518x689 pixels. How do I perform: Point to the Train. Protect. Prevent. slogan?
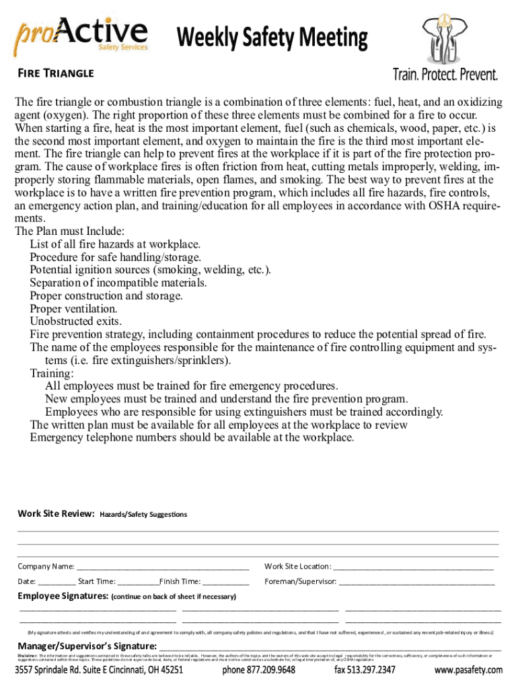(x=445, y=73)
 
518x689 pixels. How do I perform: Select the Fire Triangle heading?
(x=55, y=73)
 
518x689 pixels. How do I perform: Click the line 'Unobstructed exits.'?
(x=75, y=322)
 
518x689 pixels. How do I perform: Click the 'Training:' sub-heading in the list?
(x=52, y=373)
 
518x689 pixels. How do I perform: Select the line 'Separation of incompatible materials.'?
(x=118, y=283)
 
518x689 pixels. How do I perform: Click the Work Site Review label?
(x=56, y=513)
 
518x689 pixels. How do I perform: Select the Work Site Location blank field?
(x=414, y=567)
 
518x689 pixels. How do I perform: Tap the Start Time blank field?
(x=137, y=582)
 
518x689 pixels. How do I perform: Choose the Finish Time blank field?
(x=225, y=582)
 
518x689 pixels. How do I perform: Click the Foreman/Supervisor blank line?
(x=417, y=582)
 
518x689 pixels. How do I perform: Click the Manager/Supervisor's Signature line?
(x=330, y=647)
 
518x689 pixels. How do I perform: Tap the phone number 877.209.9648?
(x=259, y=670)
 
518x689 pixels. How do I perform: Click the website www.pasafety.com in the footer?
(x=468, y=670)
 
